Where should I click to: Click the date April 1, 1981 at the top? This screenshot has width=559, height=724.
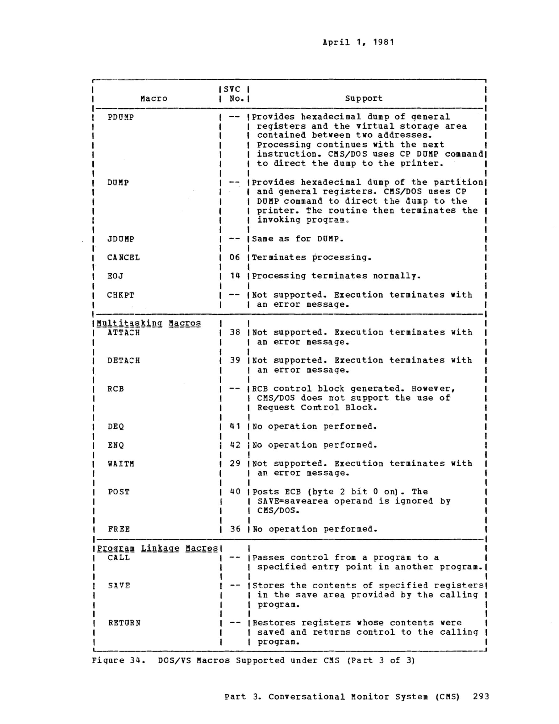(x=358, y=42)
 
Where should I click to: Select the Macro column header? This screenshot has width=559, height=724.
(x=154, y=98)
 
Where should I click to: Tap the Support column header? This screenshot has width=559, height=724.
(x=363, y=98)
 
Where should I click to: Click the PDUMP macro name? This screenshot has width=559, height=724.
(x=121, y=117)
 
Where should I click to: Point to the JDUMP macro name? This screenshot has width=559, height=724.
(x=121, y=239)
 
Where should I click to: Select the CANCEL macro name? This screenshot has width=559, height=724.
(x=123, y=257)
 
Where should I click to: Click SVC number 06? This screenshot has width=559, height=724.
(x=235, y=257)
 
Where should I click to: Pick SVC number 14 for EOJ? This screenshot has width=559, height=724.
(x=235, y=276)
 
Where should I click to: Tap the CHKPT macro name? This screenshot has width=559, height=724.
(x=121, y=295)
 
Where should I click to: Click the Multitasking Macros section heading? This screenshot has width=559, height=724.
(x=149, y=323)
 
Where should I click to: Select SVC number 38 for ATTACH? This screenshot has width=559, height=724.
(x=235, y=332)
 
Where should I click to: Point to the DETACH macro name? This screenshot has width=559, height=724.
(x=123, y=360)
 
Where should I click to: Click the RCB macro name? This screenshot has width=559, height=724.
(x=116, y=388)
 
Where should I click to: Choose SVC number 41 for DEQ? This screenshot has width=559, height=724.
(x=235, y=426)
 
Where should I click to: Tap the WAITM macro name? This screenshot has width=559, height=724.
(x=121, y=463)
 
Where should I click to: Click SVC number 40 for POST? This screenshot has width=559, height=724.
(x=235, y=492)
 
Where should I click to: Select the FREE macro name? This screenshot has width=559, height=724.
(x=119, y=529)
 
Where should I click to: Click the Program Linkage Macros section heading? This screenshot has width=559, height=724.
(x=157, y=549)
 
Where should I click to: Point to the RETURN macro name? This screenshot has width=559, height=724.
(x=124, y=623)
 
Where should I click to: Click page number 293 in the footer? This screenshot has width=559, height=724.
(x=481, y=696)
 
